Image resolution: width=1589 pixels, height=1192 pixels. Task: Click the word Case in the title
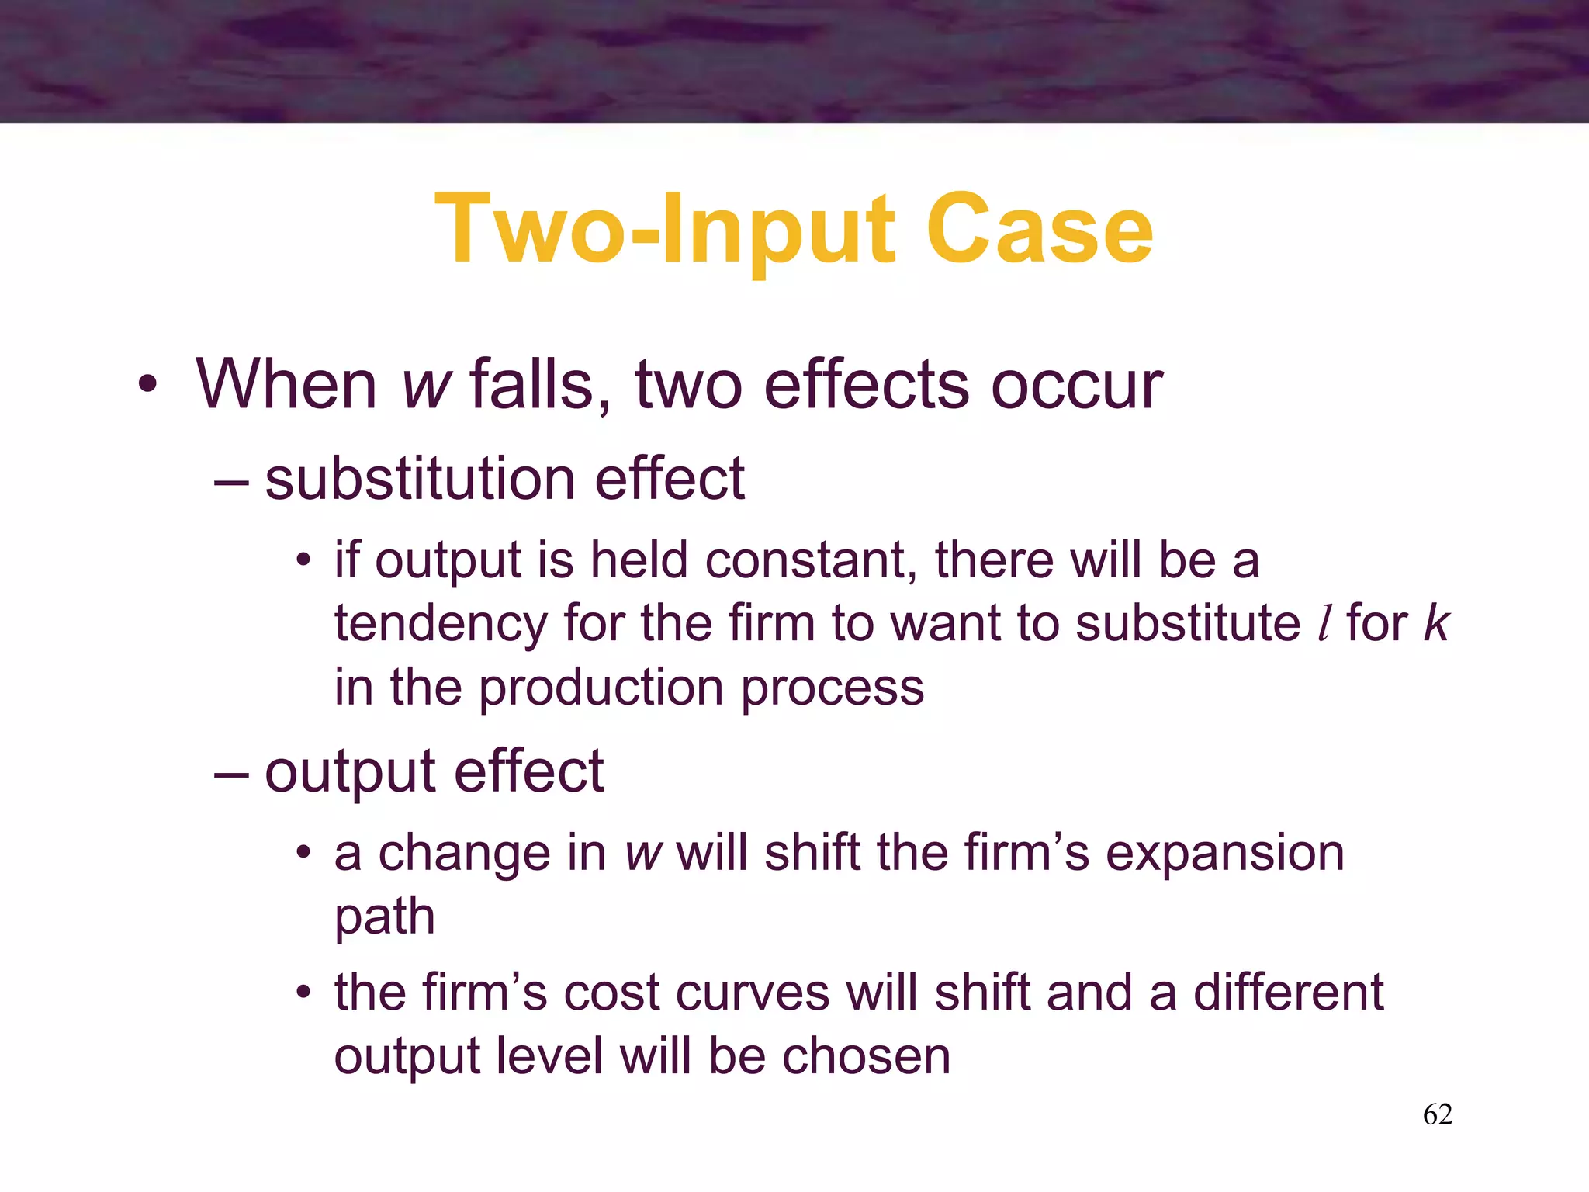coord(1039,230)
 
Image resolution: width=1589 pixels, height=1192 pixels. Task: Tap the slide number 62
coord(1437,1114)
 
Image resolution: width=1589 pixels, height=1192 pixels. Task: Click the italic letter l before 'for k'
coord(1324,623)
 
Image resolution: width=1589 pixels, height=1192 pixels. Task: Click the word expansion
coord(1224,854)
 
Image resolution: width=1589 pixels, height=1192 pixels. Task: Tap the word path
coord(384,917)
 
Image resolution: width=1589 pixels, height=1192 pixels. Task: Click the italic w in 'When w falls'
coord(426,385)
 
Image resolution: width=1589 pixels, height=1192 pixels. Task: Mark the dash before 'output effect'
coord(230,773)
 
